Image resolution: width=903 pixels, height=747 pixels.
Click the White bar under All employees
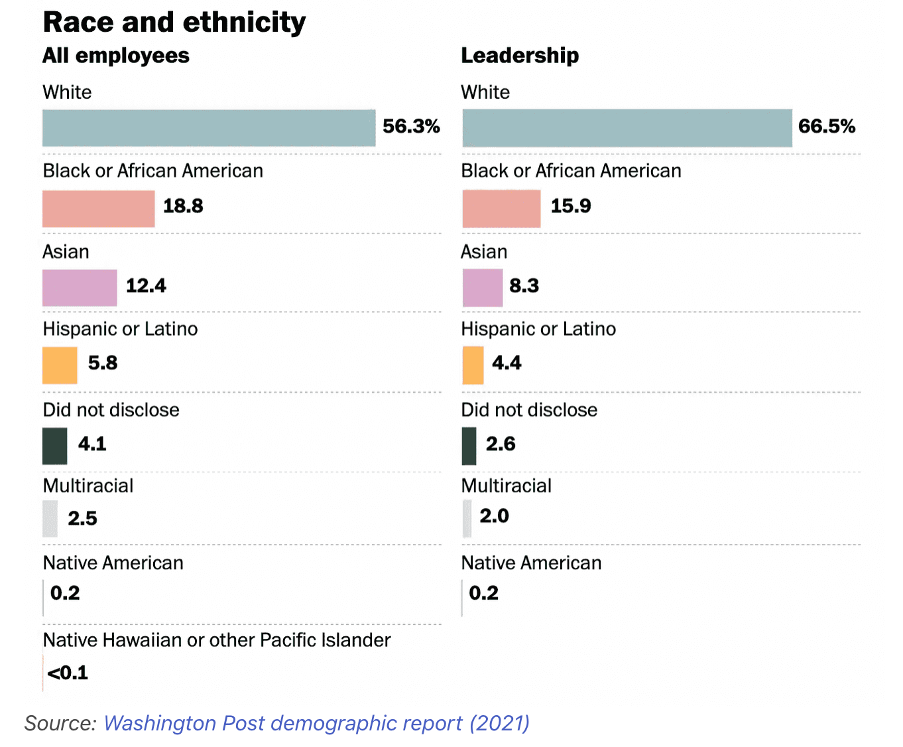click(208, 128)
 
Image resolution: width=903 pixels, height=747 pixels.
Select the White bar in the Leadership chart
click(627, 128)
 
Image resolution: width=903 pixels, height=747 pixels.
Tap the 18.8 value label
click(183, 206)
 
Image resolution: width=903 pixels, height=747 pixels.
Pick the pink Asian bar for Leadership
click(482, 288)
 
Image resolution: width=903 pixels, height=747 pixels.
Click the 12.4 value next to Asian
click(146, 286)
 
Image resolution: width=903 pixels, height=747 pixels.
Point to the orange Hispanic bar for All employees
click(60, 366)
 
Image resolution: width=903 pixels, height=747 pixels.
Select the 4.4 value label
click(507, 363)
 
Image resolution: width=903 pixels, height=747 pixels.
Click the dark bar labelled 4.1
click(54, 446)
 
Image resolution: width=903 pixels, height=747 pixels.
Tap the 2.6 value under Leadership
click(501, 444)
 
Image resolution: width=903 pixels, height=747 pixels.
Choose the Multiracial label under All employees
click(88, 486)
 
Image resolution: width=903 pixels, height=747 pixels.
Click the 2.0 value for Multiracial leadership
click(494, 516)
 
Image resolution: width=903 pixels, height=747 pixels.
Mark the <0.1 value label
click(68, 673)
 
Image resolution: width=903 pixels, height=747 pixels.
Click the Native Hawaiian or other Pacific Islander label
click(217, 640)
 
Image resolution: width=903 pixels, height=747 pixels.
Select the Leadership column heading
click(520, 56)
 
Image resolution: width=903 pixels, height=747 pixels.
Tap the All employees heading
click(116, 56)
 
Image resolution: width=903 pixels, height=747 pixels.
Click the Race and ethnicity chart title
click(174, 23)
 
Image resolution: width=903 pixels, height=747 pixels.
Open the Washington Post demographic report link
click(316, 723)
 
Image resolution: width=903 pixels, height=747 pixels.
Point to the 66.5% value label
click(826, 126)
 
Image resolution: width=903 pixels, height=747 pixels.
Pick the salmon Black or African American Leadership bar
click(501, 209)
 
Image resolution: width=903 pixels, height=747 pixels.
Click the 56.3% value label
click(411, 126)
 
